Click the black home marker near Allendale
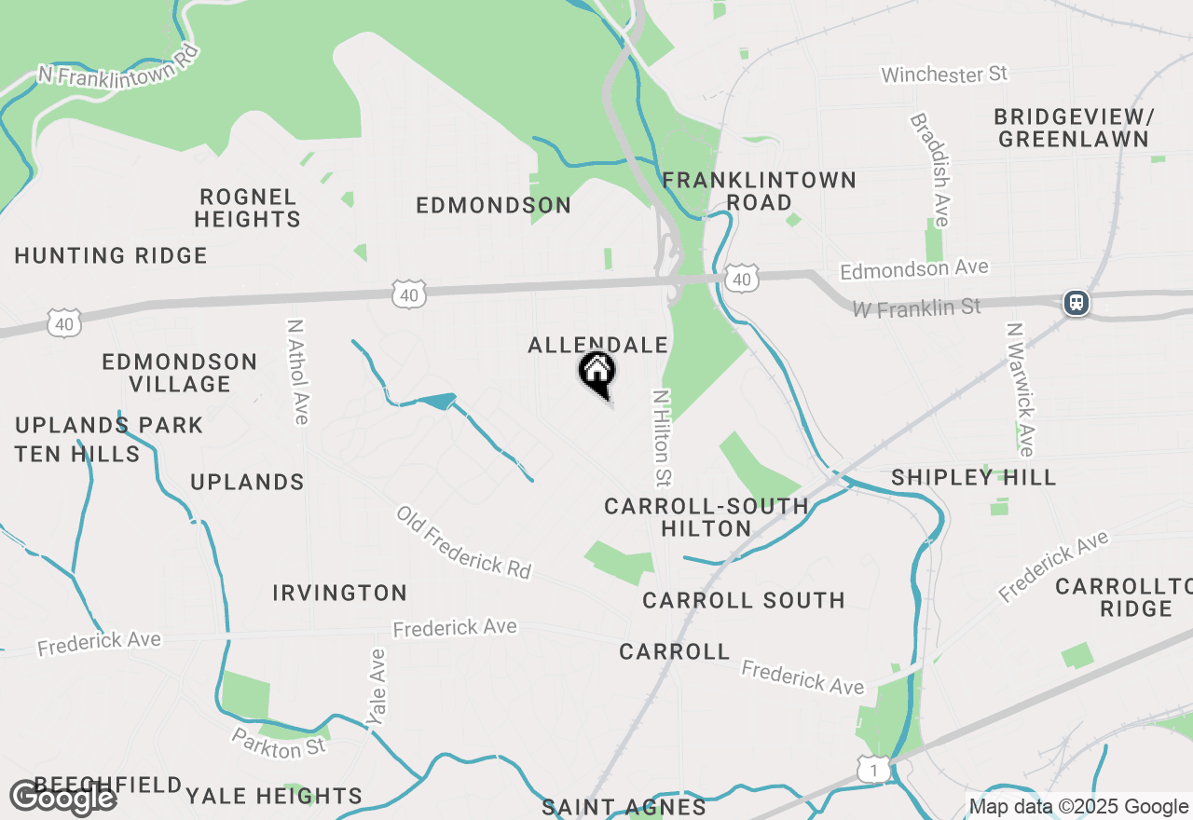point(596,373)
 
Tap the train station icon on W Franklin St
point(1076,303)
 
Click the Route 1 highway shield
point(871,769)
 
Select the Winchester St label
point(944,75)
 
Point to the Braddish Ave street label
point(929,170)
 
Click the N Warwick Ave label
point(1020,389)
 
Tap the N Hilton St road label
point(662,438)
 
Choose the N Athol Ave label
point(298,372)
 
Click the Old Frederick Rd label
point(463,542)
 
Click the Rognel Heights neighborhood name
point(248,208)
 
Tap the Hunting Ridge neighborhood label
point(111,255)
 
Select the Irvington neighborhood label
point(340,593)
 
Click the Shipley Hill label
point(973,478)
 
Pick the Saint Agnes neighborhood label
point(624,807)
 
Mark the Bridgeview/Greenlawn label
point(1074,129)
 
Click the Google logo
point(63,798)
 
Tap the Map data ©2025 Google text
point(1078,807)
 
